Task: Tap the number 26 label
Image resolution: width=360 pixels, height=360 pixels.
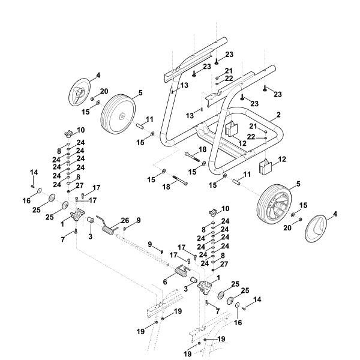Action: (125, 220)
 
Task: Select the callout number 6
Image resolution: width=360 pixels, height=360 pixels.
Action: (165, 282)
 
